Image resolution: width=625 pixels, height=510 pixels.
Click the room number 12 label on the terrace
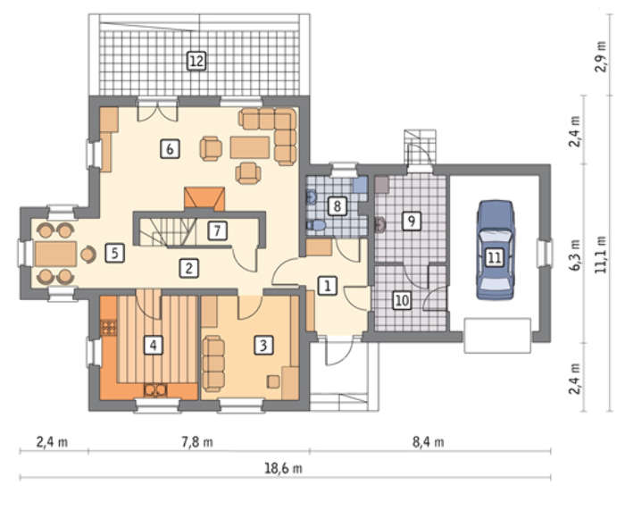point(196,62)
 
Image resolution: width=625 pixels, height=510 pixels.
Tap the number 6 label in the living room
point(170,149)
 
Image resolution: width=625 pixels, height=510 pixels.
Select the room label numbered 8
point(337,206)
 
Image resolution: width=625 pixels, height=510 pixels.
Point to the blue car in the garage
point(496,250)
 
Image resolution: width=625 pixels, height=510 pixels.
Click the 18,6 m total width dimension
point(283,468)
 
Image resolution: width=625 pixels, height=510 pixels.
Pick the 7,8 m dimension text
point(197,442)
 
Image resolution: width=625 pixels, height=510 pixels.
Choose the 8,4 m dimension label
point(428,442)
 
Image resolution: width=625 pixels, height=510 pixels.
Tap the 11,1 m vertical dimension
point(601,255)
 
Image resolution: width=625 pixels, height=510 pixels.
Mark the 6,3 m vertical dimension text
point(575,255)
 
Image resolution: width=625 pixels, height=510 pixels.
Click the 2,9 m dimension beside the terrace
point(601,56)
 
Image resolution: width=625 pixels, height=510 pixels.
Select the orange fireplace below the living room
point(204,198)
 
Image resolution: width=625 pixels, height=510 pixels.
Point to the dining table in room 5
point(55,254)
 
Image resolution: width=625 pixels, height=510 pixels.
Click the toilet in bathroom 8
point(316,226)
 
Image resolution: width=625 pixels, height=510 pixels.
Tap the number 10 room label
point(402,300)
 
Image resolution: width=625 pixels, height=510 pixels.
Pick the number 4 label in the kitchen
point(154,345)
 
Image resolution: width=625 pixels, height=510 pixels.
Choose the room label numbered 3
point(263,345)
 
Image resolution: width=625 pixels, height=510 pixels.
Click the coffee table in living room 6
point(250,147)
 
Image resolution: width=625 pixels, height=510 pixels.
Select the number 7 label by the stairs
point(217,230)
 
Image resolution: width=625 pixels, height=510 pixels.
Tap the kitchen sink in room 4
point(155,390)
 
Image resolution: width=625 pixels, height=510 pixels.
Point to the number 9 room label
point(412,220)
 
